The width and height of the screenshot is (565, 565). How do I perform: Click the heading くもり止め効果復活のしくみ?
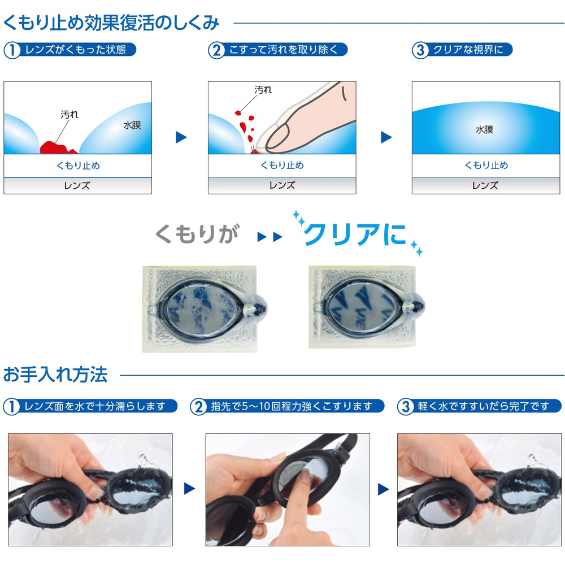click(111, 23)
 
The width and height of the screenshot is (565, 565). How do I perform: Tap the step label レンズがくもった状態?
click(76, 50)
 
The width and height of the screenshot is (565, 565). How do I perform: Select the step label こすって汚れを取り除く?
click(283, 50)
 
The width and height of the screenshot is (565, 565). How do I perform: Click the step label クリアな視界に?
click(468, 50)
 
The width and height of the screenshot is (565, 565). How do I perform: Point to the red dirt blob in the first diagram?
click(57, 147)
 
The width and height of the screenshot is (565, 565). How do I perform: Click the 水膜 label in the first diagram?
click(132, 125)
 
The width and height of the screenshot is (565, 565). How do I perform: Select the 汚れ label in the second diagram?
click(263, 90)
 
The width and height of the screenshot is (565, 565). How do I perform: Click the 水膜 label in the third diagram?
click(484, 129)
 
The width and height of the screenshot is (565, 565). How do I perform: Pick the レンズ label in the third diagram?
click(485, 185)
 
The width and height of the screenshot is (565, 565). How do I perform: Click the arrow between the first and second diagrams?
click(181, 137)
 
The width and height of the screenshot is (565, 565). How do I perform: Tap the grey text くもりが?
click(197, 234)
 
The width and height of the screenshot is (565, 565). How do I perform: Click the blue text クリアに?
click(355, 234)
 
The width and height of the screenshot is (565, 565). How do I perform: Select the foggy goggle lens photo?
click(205, 309)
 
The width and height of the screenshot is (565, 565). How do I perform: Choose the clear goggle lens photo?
click(367, 307)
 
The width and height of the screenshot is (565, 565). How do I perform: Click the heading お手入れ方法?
click(55, 375)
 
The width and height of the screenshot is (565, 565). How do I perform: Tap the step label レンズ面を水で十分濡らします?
click(95, 406)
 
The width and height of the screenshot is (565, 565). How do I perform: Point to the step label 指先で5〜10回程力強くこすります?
click(292, 406)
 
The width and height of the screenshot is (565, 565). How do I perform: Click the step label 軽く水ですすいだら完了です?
click(484, 406)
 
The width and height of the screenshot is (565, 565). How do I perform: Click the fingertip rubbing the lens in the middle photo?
click(305, 477)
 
